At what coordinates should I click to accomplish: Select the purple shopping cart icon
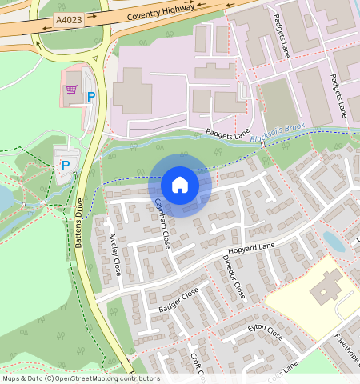tap(71, 90)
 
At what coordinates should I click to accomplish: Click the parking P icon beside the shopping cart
tap(90, 97)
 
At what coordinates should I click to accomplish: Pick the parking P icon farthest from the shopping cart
tap(66, 166)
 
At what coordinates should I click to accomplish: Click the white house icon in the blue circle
tap(180, 185)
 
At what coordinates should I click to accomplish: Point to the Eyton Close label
tap(265, 330)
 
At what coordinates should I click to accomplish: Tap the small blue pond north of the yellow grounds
tap(334, 241)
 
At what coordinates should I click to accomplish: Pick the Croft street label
tap(198, 365)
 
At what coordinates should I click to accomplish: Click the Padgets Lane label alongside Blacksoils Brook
tap(228, 131)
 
